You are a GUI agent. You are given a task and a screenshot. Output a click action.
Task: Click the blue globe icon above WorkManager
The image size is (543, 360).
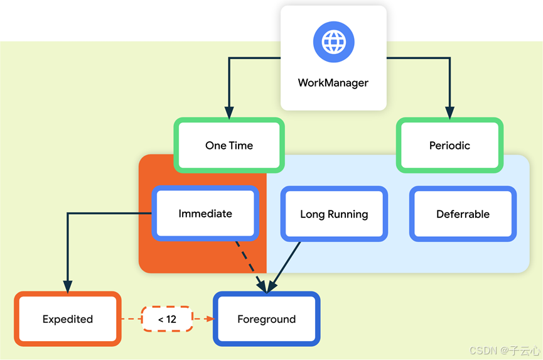click(333, 42)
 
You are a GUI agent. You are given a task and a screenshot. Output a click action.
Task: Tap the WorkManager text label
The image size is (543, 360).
click(333, 83)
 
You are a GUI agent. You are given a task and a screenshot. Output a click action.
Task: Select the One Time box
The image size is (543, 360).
click(229, 145)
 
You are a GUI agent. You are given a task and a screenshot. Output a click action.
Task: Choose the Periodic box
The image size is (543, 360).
click(449, 145)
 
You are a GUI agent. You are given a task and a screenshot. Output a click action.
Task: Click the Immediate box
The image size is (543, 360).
click(205, 214)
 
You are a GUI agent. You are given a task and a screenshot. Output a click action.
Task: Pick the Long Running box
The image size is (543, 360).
click(334, 214)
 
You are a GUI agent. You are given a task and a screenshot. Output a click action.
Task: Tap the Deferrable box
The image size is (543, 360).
click(463, 214)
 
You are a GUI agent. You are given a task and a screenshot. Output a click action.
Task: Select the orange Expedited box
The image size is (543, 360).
click(68, 319)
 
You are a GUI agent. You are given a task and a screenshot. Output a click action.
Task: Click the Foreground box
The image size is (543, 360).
click(266, 319)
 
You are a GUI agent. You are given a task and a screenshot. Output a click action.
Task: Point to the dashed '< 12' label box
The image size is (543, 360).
click(167, 319)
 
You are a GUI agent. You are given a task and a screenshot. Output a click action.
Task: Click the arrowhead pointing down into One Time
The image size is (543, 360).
click(229, 112)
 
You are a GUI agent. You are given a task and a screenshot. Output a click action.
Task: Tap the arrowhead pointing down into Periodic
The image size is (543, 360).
click(449, 112)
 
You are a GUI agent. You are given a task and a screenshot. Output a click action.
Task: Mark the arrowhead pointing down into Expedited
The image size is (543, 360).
click(68, 286)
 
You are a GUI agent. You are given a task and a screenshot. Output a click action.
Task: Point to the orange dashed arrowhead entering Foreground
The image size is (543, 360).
click(209, 319)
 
